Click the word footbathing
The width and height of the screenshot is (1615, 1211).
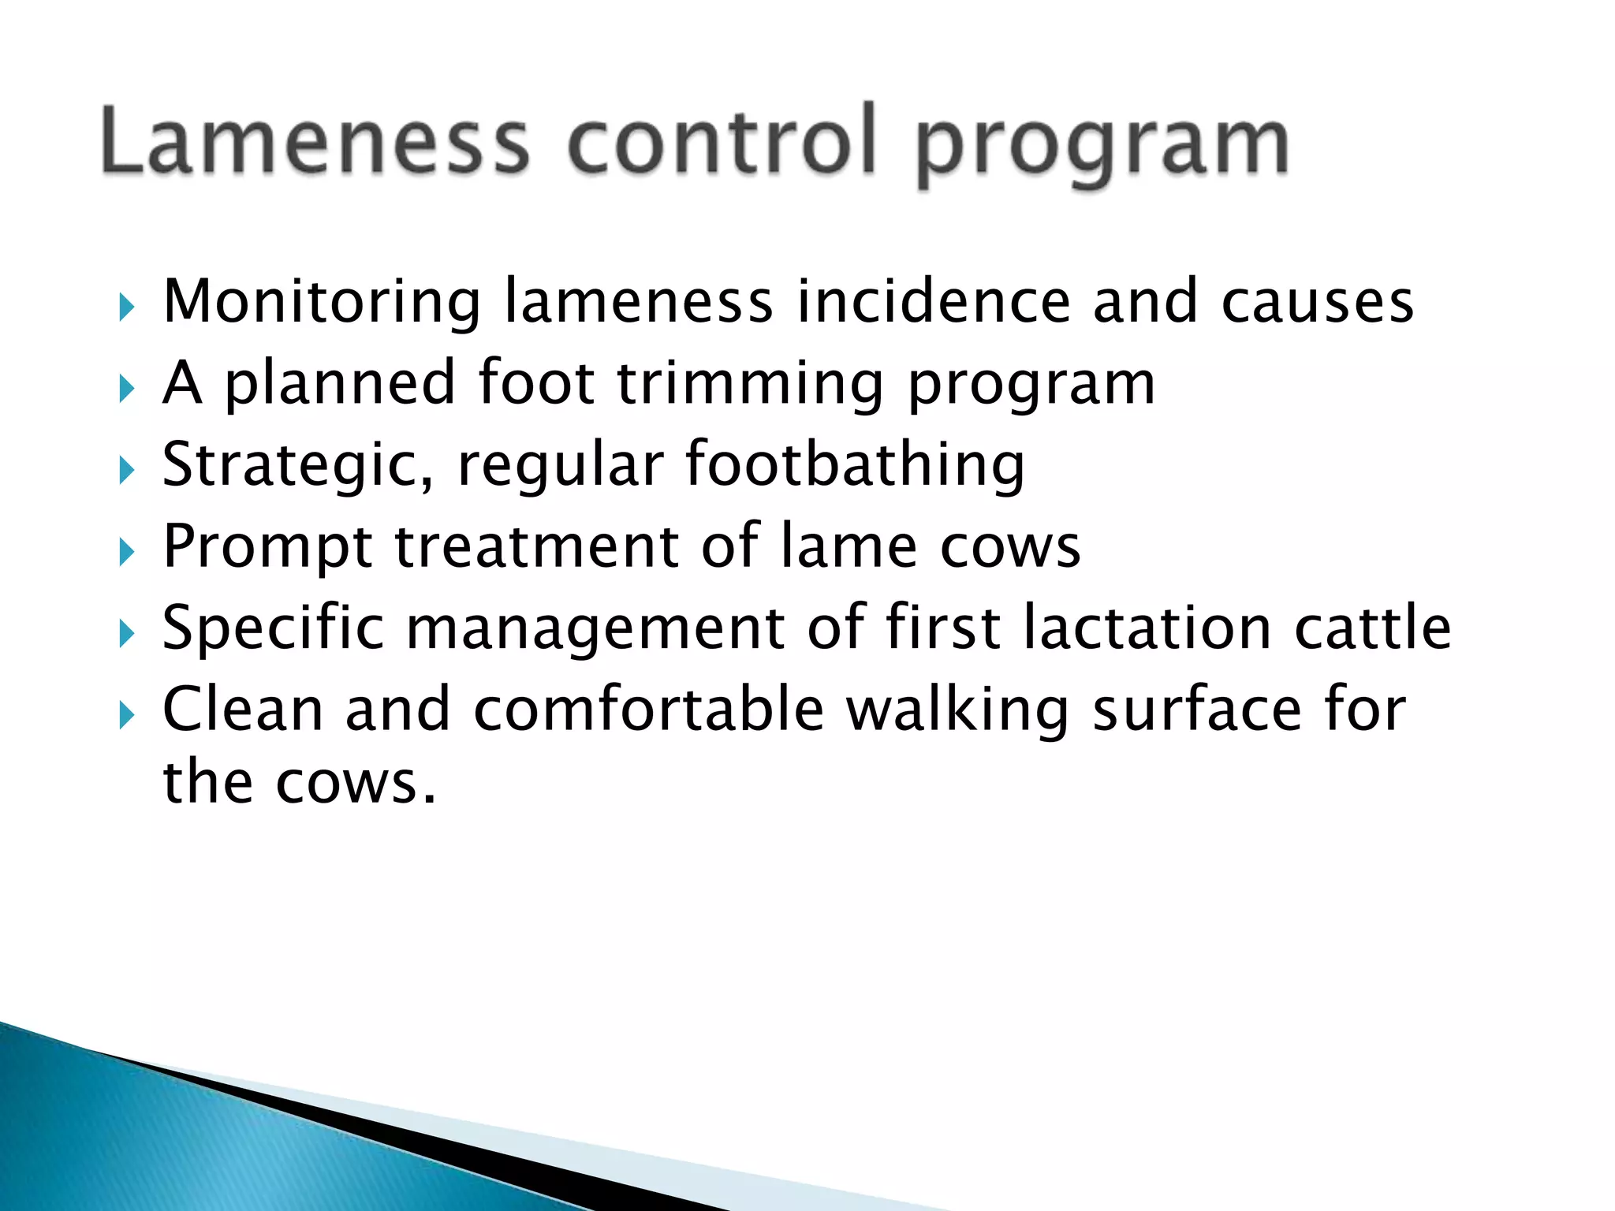(x=855, y=465)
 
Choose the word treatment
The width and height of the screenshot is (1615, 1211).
(x=536, y=547)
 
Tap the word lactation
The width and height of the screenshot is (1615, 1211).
(x=1147, y=628)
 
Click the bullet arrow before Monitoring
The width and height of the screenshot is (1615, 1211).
(x=126, y=307)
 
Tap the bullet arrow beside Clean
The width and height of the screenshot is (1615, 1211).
(x=126, y=715)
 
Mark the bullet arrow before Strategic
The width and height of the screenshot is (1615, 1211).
(x=126, y=471)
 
